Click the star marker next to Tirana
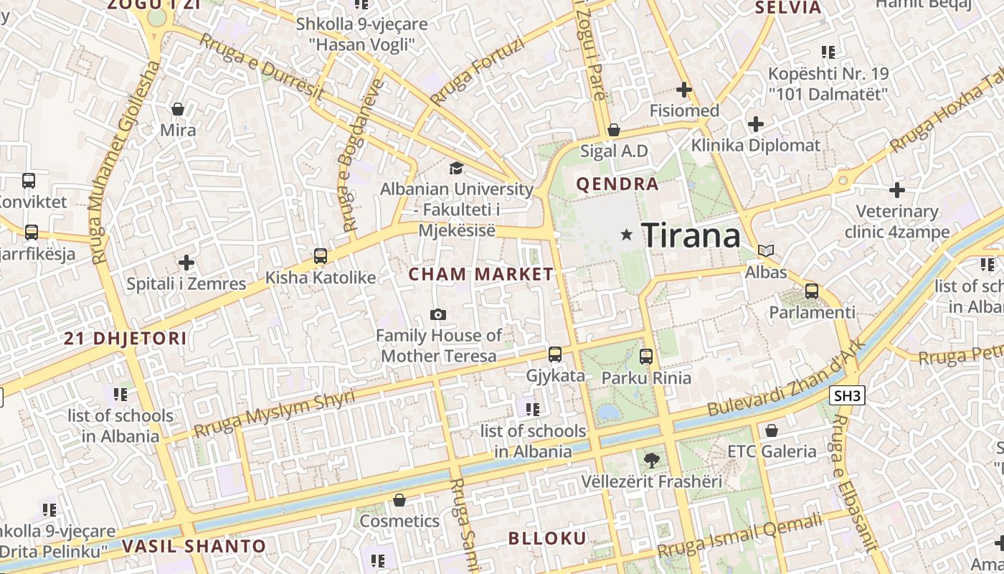point(627,235)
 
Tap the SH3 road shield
point(847,395)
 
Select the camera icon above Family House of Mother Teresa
point(437,314)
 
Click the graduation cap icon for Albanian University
point(456,169)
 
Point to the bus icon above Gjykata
point(555,354)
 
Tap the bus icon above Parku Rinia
point(646,356)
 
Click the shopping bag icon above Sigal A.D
point(613,130)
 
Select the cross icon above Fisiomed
point(684,90)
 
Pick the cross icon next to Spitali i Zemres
point(186,263)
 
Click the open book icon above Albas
point(766,251)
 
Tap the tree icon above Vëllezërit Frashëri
point(651,460)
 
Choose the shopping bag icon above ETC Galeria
point(772,430)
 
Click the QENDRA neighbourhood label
point(617,184)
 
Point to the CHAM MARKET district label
point(481,274)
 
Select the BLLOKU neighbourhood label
point(547,538)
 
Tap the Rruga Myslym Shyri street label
point(275,414)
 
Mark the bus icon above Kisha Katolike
point(321,255)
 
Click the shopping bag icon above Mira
point(178,109)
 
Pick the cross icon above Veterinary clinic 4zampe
point(896,190)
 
